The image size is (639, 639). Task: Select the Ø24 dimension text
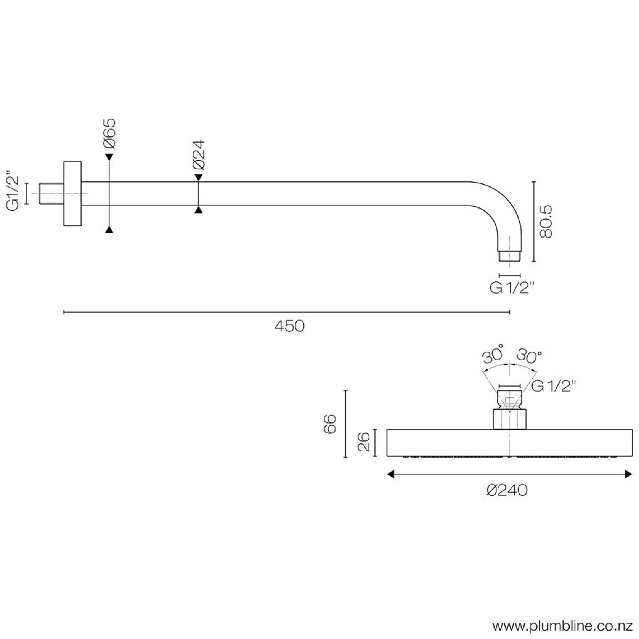[x=199, y=155]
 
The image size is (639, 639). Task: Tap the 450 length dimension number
[x=289, y=326]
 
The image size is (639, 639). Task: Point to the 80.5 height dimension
[x=546, y=222]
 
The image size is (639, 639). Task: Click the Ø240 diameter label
[x=507, y=490]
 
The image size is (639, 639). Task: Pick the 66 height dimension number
[x=330, y=424]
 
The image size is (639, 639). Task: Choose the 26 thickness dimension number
[x=364, y=442]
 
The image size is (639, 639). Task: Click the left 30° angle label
[x=493, y=355]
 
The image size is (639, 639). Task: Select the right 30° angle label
[x=529, y=356]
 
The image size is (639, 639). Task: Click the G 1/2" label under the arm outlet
[x=512, y=288]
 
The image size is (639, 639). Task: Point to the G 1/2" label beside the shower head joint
[x=553, y=387]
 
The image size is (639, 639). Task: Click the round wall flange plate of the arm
[x=72, y=194]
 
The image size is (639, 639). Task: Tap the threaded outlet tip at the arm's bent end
[x=510, y=255]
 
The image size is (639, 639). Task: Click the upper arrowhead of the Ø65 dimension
[x=109, y=157]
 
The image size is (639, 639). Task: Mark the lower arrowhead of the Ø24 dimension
[x=199, y=210]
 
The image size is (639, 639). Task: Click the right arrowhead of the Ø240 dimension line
[x=628, y=474]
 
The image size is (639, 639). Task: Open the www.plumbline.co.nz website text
[x=563, y=626]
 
